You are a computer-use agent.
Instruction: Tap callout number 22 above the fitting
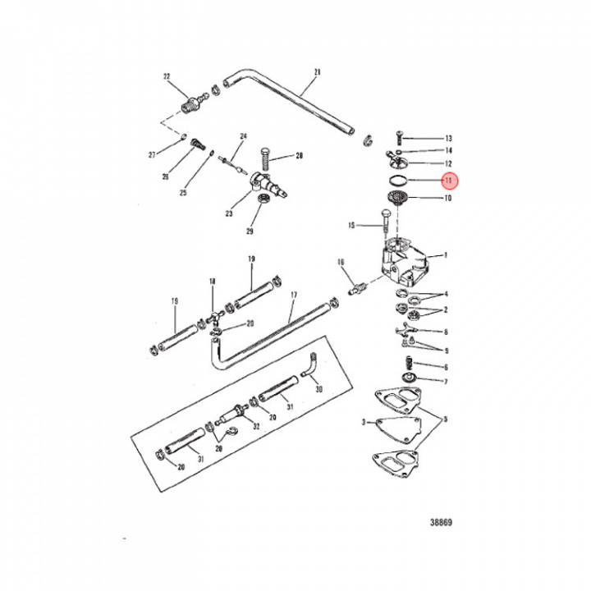(x=167, y=76)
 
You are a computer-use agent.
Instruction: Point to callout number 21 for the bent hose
(x=316, y=71)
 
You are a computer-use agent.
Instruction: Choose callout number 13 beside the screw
(x=448, y=139)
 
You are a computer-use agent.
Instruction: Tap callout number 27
(x=174, y=154)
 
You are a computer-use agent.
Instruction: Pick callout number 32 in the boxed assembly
(x=255, y=427)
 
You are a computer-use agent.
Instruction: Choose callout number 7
(x=446, y=382)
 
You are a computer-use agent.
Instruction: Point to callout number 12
(x=448, y=164)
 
